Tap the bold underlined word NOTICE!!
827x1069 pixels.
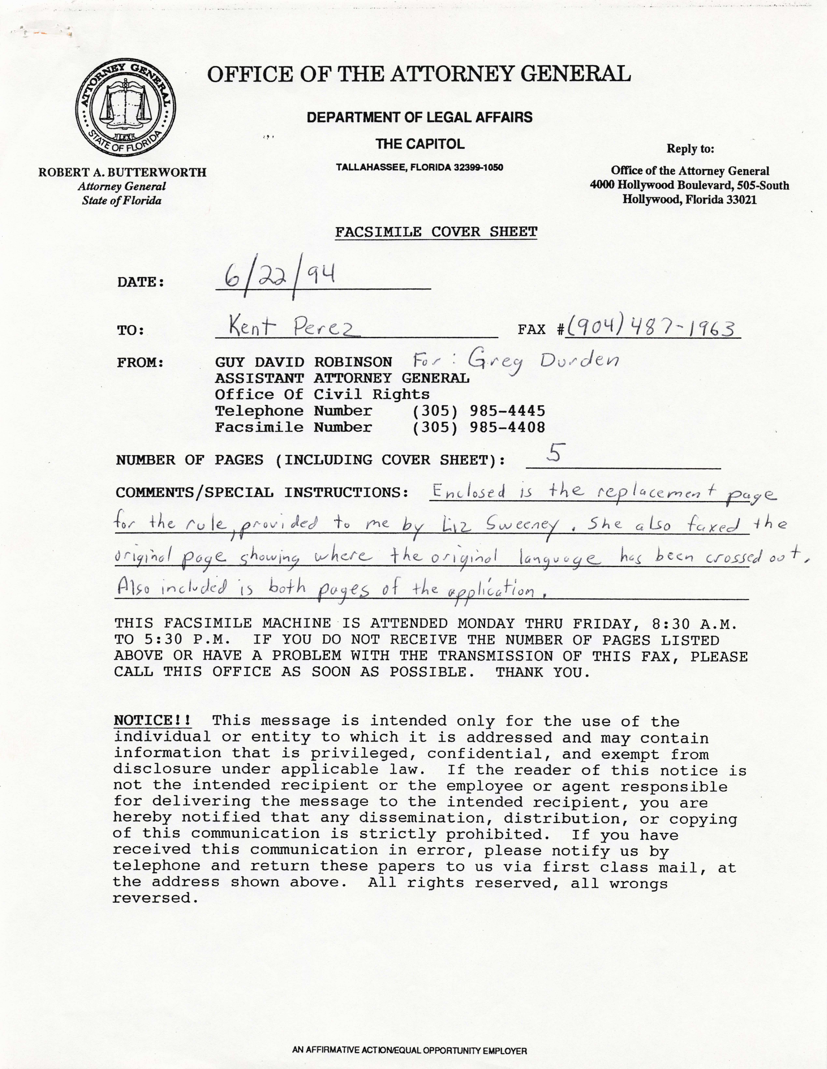tap(152, 720)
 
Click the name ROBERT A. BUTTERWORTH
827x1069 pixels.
tap(122, 172)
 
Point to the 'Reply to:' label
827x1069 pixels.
tap(690, 149)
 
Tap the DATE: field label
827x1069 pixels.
tap(140, 282)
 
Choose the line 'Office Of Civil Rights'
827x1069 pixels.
tap(322, 395)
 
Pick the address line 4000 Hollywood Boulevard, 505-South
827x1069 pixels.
tap(690, 185)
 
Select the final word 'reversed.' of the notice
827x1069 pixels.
tap(156, 899)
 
